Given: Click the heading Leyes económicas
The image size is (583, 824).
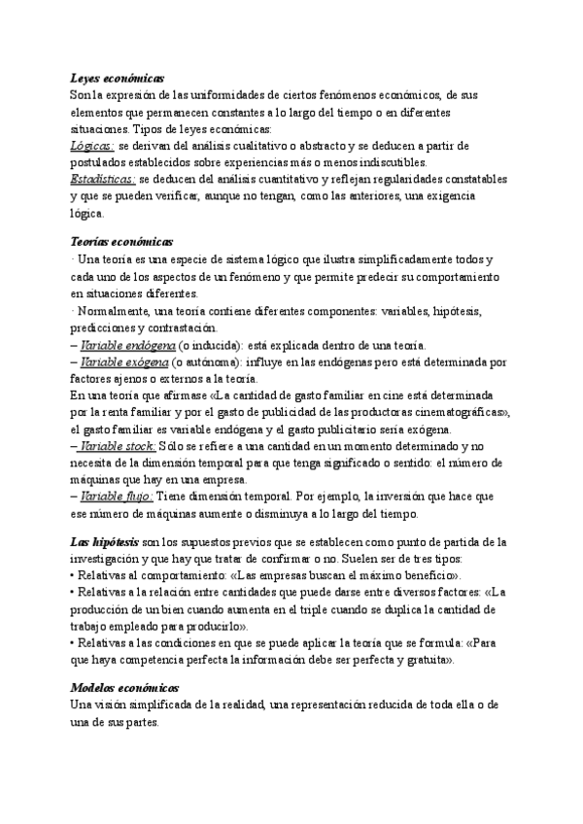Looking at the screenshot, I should [x=118, y=78].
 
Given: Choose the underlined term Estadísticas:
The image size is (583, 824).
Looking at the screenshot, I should [x=104, y=179].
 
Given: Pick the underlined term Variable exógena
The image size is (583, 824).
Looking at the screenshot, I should [x=126, y=362].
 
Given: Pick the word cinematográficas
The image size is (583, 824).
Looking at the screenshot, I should [x=457, y=412].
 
